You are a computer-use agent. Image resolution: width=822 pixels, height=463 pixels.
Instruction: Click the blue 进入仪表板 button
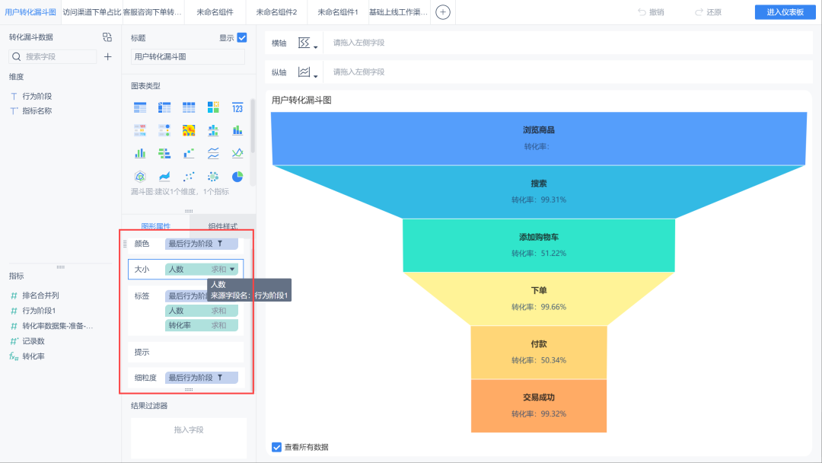(x=785, y=12)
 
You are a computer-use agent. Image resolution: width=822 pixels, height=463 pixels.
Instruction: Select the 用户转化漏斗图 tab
(x=30, y=12)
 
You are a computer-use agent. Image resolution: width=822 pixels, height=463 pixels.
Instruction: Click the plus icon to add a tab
(x=443, y=12)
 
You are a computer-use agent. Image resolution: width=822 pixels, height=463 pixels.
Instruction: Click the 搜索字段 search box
(x=57, y=56)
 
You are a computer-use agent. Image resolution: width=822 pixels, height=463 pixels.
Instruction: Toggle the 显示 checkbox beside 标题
(x=242, y=37)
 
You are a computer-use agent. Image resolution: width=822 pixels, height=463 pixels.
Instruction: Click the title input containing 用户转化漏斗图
(x=187, y=56)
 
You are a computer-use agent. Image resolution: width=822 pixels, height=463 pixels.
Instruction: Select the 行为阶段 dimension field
(x=37, y=96)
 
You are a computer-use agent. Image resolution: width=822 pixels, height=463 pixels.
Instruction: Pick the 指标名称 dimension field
(x=37, y=110)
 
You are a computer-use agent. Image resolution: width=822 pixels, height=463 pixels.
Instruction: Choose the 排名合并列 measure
(x=40, y=295)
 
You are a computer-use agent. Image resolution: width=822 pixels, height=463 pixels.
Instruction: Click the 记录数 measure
(x=33, y=340)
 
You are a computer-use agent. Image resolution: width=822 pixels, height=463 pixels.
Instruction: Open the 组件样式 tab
(x=223, y=226)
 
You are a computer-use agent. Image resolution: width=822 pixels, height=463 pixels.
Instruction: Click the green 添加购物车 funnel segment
(x=539, y=245)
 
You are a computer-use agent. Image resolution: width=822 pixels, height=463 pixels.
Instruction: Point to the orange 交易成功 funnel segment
(x=539, y=405)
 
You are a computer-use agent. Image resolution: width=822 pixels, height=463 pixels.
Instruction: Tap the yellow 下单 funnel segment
(x=539, y=299)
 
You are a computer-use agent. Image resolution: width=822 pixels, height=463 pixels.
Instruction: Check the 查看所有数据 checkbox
(x=276, y=447)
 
